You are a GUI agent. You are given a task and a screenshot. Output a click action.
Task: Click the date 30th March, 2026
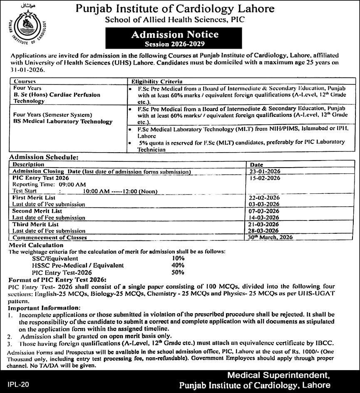tap(269, 237)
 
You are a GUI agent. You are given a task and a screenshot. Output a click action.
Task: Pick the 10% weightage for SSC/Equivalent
tap(178, 258)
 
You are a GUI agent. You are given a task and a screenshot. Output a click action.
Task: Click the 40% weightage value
tap(178, 265)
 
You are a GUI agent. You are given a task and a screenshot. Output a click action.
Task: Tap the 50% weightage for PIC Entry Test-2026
tap(178, 272)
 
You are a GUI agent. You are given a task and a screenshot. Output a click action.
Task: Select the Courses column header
tap(25, 82)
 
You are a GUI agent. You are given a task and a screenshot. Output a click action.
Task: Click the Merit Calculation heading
tap(36, 245)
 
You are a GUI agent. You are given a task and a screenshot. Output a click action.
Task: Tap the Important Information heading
tap(44, 307)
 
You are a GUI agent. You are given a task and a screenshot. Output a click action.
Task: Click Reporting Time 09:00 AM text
tap(49, 184)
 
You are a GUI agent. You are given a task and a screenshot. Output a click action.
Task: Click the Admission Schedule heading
tap(43, 158)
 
